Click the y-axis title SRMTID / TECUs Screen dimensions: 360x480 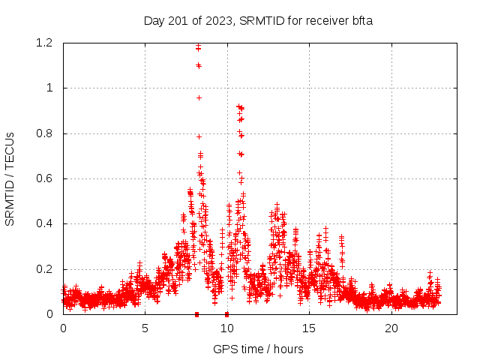tap(10, 178)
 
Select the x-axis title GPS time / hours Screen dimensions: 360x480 tap(258, 349)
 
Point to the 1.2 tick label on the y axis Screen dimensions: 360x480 tap(44, 43)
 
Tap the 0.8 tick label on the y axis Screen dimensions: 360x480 tap(44, 133)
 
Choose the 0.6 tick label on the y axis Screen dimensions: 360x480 tap(44, 178)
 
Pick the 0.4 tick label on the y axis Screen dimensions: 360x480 tap(44, 223)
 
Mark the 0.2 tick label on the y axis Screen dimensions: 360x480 tap(44, 269)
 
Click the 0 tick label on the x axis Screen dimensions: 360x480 tap(63, 328)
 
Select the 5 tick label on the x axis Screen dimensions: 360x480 tap(145, 328)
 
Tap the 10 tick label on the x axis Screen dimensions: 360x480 tap(227, 328)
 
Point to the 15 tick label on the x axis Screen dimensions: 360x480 tap(309, 328)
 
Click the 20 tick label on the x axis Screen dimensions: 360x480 tap(391, 328)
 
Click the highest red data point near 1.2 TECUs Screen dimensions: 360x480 tap(198, 46)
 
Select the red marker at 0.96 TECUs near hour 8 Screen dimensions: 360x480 tap(199, 97)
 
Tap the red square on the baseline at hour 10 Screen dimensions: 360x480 tap(226, 313)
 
